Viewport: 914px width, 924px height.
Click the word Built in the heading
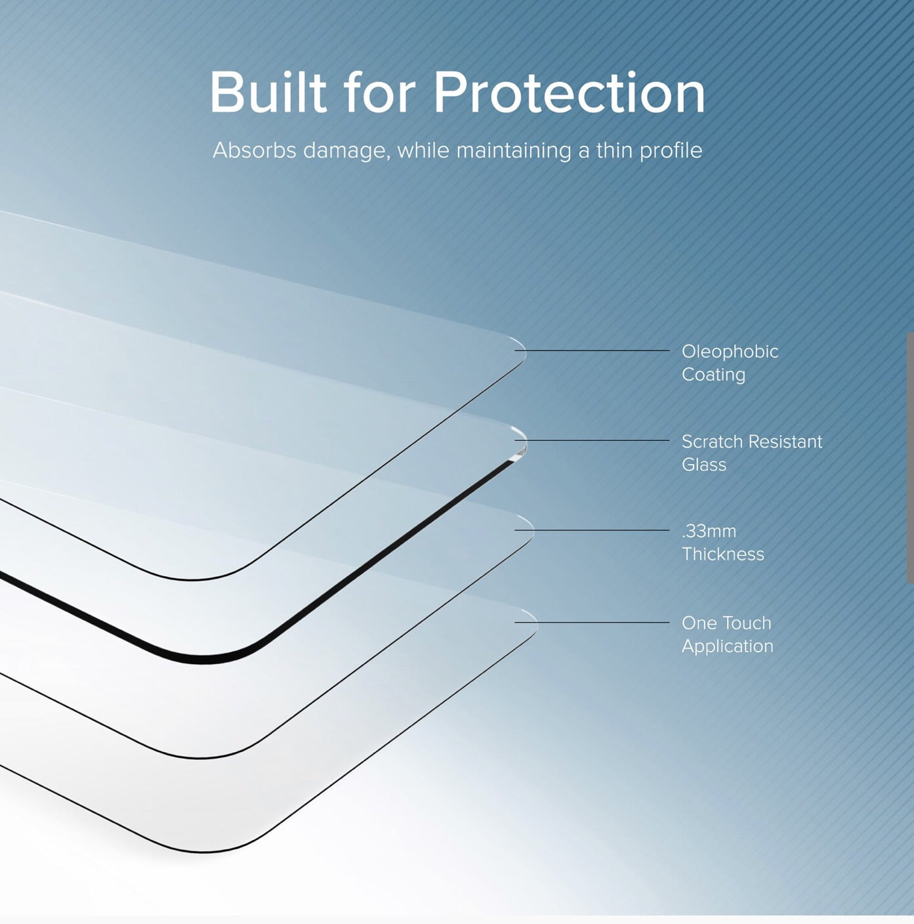pyautogui.click(x=268, y=92)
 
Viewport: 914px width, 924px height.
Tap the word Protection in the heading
pyautogui.click(x=570, y=92)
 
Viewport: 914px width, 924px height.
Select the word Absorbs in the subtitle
pyautogui.click(x=254, y=150)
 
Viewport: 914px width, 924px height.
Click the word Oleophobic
pyautogui.click(x=730, y=352)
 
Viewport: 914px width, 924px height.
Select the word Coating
pyautogui.click(x=714, y=375)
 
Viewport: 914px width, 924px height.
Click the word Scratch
pyautogui.click(x=712, y=442)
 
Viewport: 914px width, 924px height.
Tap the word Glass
pyautogui.click(x=704, y=465)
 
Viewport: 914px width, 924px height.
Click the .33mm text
pyautogui.click(x=702, y=532)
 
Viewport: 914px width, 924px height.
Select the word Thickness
pyautogui.click(x=723, y=555)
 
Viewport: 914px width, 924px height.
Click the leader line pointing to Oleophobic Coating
pyautogui.click(x=592, y=350)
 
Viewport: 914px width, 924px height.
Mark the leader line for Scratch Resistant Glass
pyautogui.click(x=592, y=440)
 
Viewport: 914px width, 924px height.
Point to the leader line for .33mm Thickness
pyautogui.click(x=592, y=530)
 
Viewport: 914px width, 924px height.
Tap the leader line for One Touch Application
pyautogui.click(x=592, y=622)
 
